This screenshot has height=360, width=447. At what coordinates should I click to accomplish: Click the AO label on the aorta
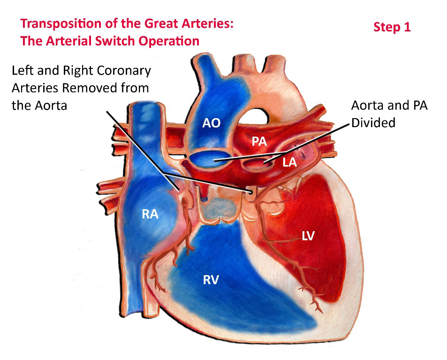click(x=211, y=123)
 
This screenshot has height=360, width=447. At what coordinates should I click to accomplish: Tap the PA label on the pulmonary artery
click(x=259, y=142)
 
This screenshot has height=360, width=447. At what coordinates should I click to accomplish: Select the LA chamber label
click(x=290, y=162)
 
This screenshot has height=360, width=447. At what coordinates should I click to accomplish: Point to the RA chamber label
click(x=150, y=214)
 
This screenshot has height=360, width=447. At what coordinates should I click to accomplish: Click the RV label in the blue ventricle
click(x=211, y=280)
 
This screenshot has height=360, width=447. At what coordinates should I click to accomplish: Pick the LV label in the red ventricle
click(x=308, y=236)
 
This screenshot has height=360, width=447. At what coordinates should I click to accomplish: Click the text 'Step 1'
click(x=392, y=27)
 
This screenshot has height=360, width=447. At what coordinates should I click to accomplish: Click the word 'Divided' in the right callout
click(x=373, y=123)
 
